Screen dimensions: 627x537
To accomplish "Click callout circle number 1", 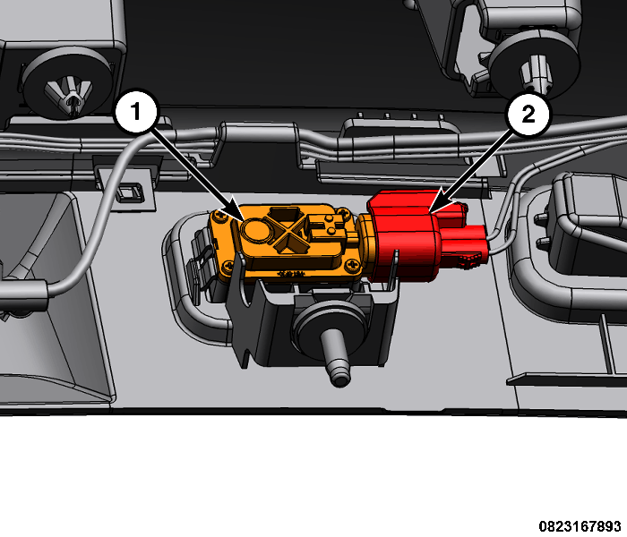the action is pyautogui.click(x=136, y=111).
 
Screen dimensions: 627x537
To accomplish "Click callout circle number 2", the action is pyautogui.click(x=528, y=115).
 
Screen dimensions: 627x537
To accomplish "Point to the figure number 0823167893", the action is pyautogui.click(x=580, y=526).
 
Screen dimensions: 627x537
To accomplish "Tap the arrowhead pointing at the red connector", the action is pyautogui.click(x=437, y=202).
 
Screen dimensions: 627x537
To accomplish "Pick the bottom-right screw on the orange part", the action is pyautogui.click(x=352, y=265).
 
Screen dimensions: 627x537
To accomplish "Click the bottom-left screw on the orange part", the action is pyautogui.click(x=228, y=265).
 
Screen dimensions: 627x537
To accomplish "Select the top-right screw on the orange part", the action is pyautogui.click(x=343, y=213).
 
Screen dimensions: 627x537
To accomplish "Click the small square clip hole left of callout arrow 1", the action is pyautogui.click(x=127, y=192).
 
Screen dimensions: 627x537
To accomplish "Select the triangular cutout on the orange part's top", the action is pyautogui.click(x=284, y=214).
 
